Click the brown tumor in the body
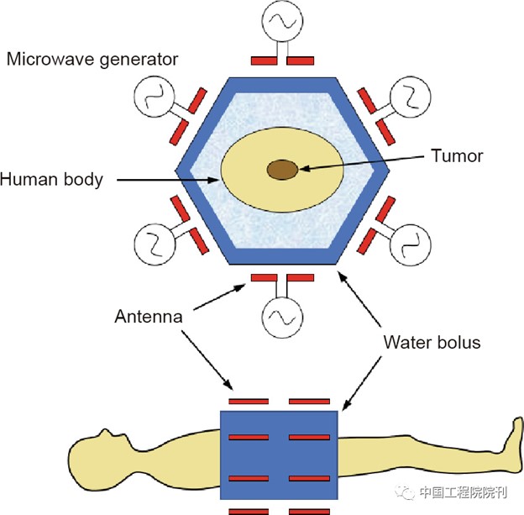[x=282, y=170]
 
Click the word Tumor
[x=457, y=155]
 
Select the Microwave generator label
[x=92, y=60]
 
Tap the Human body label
[x=51, y=180]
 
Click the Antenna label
[x=149, y=317]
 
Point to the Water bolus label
[x=432, y=343]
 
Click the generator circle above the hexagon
[x=282, y=21]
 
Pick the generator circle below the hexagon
[x=282, y=318]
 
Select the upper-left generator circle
[x=154, y=97]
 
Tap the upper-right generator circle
[x=411, y=97]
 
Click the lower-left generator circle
[x=155, y=244]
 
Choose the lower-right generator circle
[x=411, y=245]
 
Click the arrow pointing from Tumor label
[x=362, y=163]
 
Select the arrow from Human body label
[x=167, y=181]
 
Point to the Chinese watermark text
[x=464, y=492]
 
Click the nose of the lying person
[x=106, y=432]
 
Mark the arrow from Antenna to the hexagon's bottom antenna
[x=219, y=297]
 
